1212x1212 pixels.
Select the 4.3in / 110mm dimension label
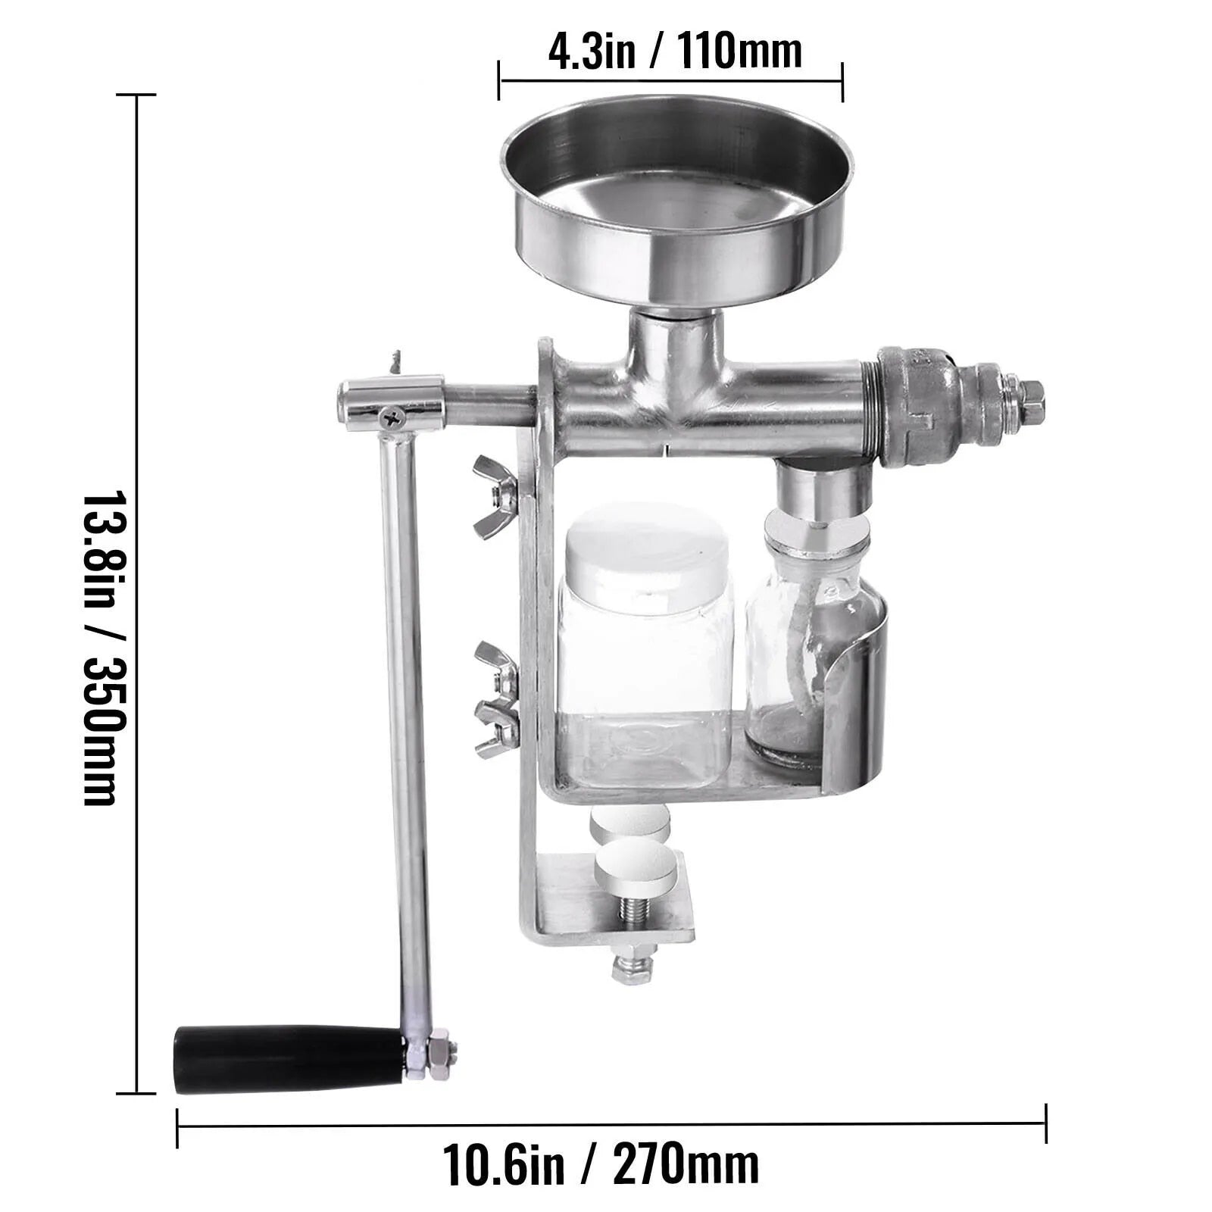point(674,52)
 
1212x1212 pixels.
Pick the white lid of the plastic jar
point(646,548)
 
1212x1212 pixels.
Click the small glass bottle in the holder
point(784,659)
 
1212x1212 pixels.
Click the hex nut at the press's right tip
point(1030,393)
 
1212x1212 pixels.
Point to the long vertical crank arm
point(407,727)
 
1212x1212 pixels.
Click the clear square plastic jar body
point(644,697)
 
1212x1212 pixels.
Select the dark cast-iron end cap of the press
point(924,409)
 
